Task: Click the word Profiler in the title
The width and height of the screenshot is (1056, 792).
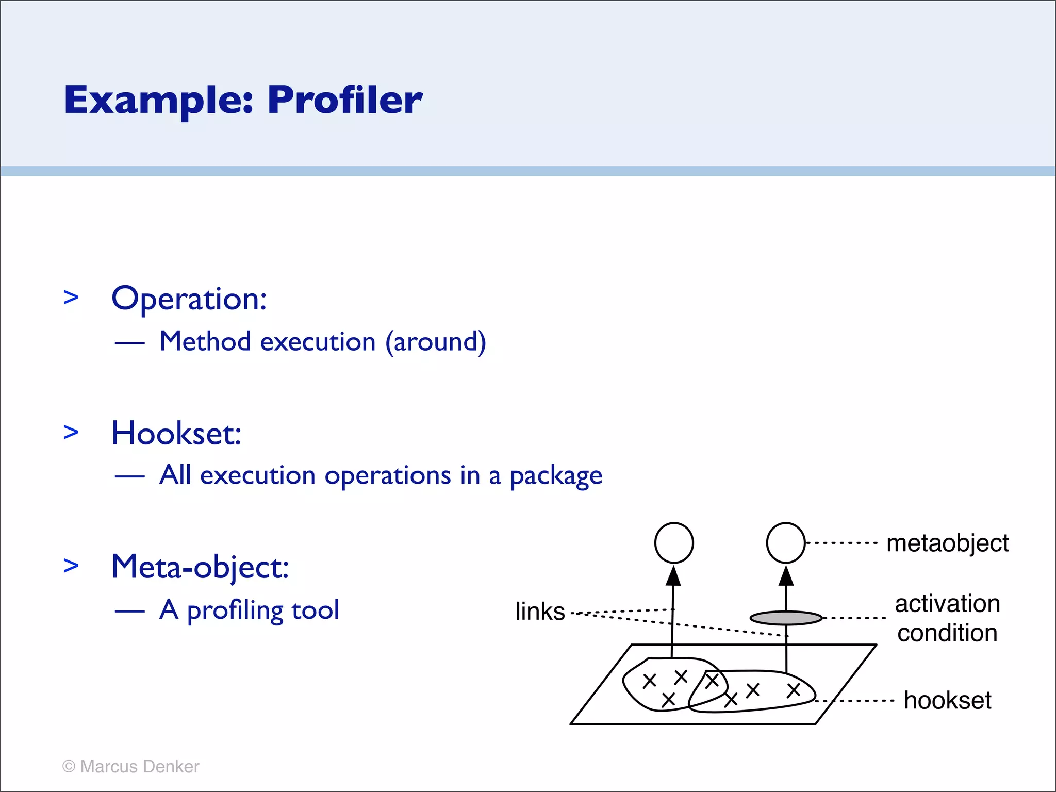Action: (x=344, y=100)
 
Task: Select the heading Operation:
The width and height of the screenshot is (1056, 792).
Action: (x=189, y=299)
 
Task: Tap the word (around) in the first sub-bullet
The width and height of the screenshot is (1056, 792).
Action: (x=436, y=342)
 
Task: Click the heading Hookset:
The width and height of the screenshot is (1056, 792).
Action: (x=176, y=433)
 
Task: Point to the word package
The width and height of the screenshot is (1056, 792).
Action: (x=556, y=476)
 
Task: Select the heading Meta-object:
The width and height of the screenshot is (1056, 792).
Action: (x=200, y=567)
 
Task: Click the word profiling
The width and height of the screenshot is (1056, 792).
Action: (x=235, y=610)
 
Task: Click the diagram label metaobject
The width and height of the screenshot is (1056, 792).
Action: (x=947, y=543)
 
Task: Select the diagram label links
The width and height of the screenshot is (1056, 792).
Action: (x=540, y=612)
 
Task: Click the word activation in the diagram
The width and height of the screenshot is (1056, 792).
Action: (x=947, y=604)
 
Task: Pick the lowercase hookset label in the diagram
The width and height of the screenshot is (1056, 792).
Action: (x=947, y=701)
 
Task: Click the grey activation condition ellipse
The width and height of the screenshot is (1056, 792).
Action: (x=786, y=618)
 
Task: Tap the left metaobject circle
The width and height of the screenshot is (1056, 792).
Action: (x=674, y=543)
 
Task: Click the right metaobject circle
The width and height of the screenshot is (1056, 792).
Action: (x=786, y=543)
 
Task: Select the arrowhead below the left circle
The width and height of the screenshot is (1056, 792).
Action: (x=673, y=576)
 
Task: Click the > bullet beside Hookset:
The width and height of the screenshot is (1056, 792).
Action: (x=71, y=432)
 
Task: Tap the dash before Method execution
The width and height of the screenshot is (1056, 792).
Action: (x=129, y=343)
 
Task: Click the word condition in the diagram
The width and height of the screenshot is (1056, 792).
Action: (x=947, y=633)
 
